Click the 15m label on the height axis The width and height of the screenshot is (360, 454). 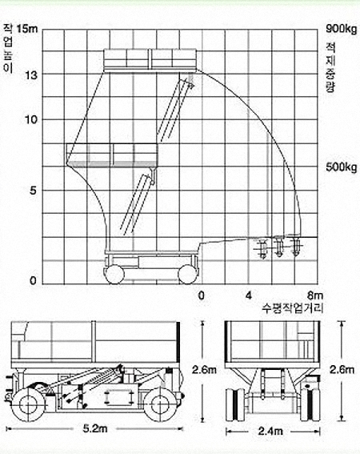(27, 29)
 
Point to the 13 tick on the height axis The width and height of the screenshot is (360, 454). (31, 75)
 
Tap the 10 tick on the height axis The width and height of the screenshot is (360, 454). (31, 119)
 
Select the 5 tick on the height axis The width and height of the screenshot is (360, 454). (34, 191)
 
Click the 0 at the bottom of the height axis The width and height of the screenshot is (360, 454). (34, 280)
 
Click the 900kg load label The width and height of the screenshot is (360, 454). (342, 29)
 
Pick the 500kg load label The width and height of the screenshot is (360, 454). (342, 167)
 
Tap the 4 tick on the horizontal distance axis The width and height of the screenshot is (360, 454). (249, 295)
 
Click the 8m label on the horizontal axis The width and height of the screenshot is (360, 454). (315, 295)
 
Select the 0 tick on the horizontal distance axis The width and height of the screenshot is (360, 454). (201, 295)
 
